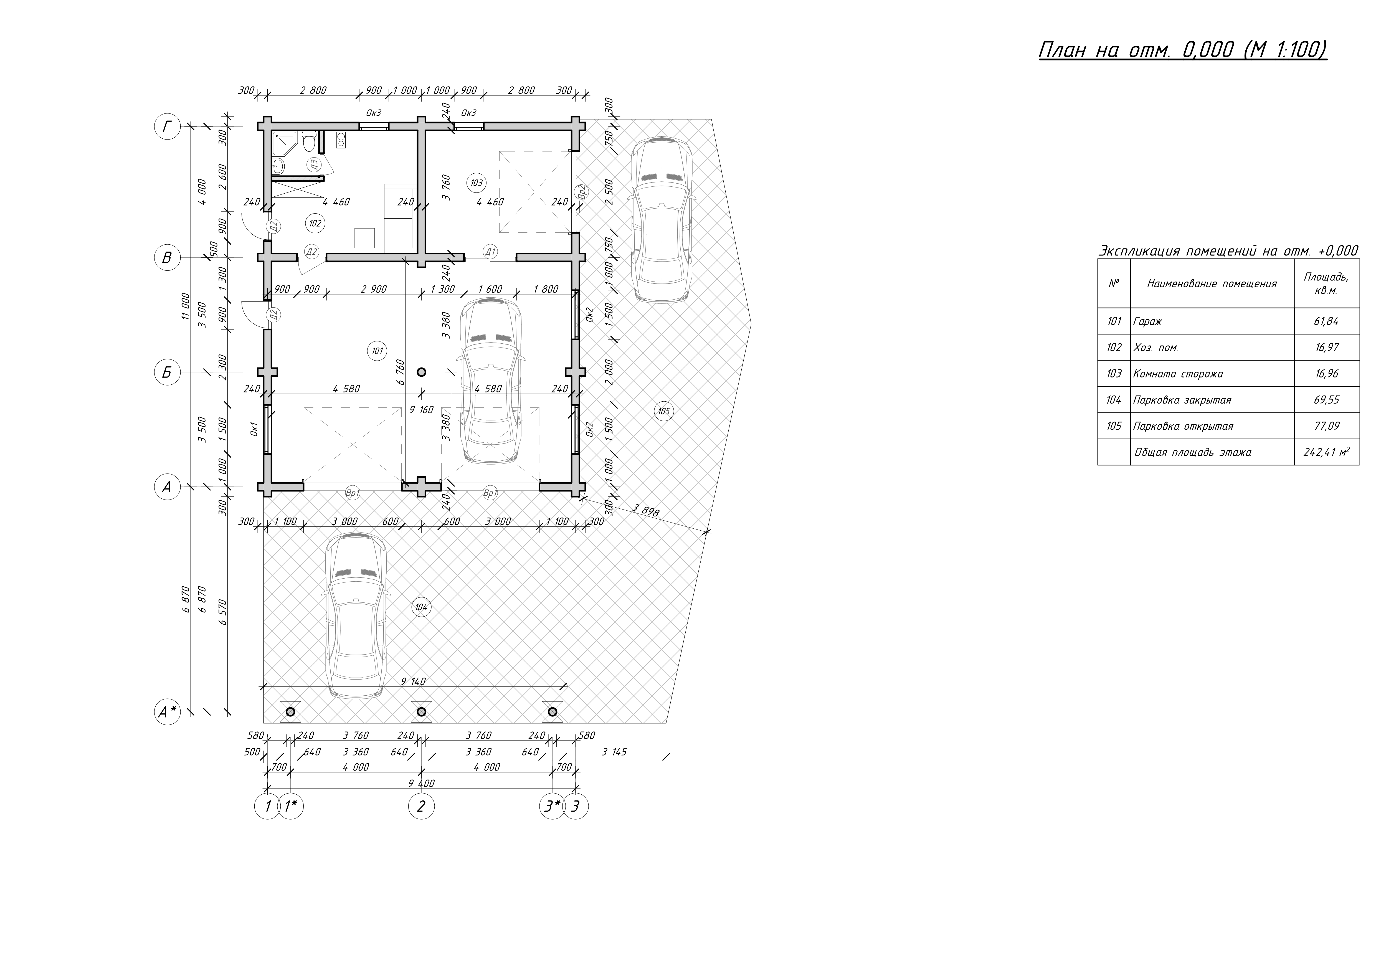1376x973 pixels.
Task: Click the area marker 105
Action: [663, 411]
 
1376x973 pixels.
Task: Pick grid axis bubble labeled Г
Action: [167, 127]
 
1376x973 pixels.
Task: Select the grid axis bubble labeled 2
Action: [421, 806]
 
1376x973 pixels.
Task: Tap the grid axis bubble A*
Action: [167, 712]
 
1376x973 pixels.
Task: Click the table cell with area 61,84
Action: [1326, 321]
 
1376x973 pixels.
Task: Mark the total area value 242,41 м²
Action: [1326, 452]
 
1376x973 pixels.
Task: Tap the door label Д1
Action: [491, 252]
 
